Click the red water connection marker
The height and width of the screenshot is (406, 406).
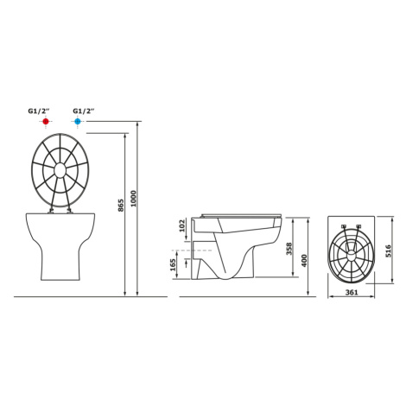coord(45,121)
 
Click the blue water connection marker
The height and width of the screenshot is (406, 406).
coord(77,121)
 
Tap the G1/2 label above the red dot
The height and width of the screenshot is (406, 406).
coord(39,111)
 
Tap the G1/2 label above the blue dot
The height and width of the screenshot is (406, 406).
coord(84,111)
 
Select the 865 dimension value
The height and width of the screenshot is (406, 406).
coord(121,205)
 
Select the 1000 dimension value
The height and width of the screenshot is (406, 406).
coord(133,199)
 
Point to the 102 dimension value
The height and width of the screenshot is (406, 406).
coord(181,226)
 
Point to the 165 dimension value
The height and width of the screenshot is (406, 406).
coord(173,265)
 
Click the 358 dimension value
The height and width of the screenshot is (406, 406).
coord(289,249)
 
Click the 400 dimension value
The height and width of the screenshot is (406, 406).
coord(304,261)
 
